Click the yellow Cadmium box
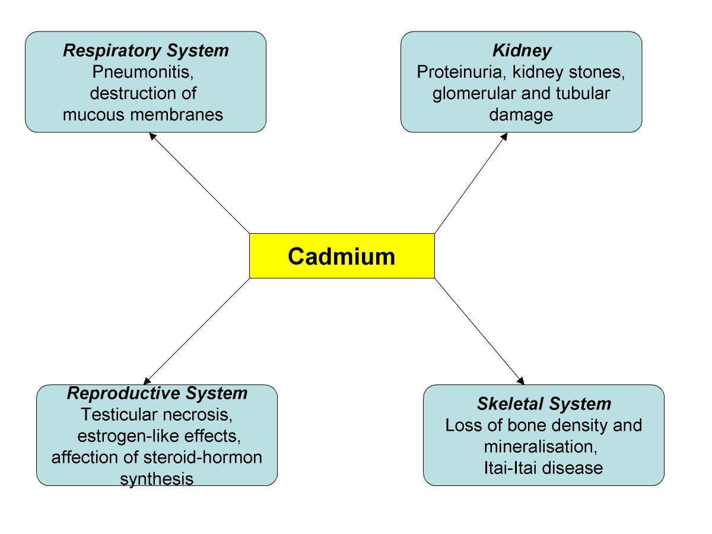(342, 256)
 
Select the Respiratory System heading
(145, 51)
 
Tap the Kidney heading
(521, 51)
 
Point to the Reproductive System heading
(157, 393)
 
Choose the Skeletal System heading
(543, 405)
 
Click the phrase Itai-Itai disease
(543, 468)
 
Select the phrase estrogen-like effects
(158, 436)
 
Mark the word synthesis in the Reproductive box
(157, 479)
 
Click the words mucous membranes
(143, 114)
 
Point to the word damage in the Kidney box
(521, 114)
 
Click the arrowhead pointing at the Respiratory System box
(152, 136)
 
